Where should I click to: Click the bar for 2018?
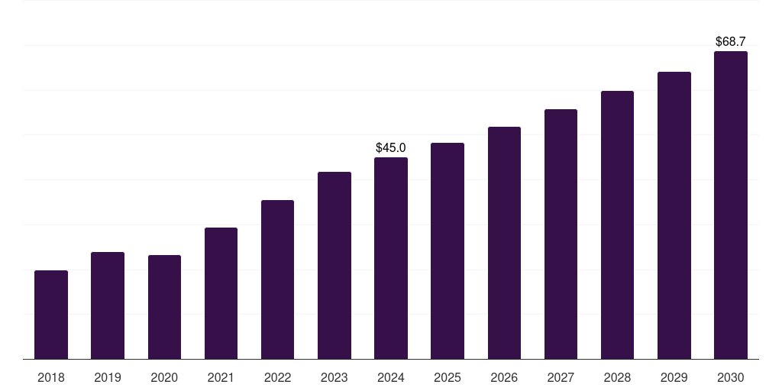pyautogui.click(x=51, y=315)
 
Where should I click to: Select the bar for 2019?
pyautogui.click(x=108, y=305)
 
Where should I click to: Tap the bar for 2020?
pyautogui.click(x=164, y=307)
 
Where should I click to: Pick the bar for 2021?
pyautogui.click(x=221, y=293)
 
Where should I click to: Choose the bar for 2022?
pyautogui.click(x=277, y=280)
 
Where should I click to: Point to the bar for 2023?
pyautogui.click(x=334, y=265)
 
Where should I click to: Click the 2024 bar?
pyautogui.click(x=391, y=258)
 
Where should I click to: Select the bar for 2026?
pyautogui.click(x=504, y=243)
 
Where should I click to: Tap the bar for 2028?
pyautogui.click(x=617, y=225)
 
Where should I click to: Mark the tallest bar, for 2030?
pyautogui.click(x=731, y=205)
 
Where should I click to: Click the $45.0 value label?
pyautogui.click(x=391, y=147)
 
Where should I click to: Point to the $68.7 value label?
pyautogui.click(x=731, y=41)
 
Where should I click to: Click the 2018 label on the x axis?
pyautogui.click(x=51, y=377)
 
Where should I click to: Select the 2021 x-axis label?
pyautogui.click(x=221, y=377)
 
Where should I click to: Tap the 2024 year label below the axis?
pyautogui.click(x=391, y=377)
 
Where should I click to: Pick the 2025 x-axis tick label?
pyautogui.click(x=448, y=377)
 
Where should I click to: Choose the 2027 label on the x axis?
pyautogui.click(x=561, y=377)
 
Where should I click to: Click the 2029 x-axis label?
pyautogui.click(x=674, y=377)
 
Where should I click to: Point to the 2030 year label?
pyautogui.click(x=731, y=377)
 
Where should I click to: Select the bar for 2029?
pyautogui.click(x=674, y=215)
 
